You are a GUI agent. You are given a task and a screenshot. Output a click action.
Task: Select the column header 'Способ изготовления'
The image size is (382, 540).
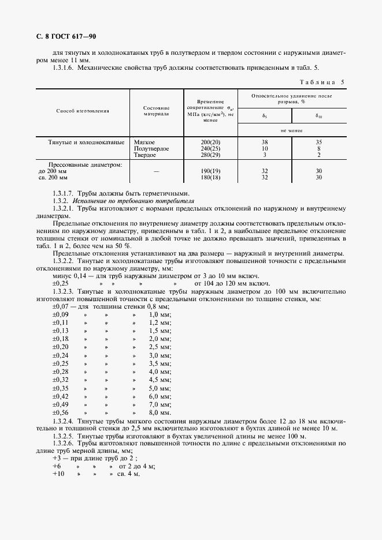[x=83, y=110]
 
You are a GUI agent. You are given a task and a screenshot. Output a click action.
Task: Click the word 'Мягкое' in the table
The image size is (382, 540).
[x=144, y=141]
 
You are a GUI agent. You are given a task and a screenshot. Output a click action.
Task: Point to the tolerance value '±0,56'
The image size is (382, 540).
[x=61, y=412]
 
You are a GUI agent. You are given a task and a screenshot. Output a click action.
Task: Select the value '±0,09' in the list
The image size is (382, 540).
[x=61, y=315]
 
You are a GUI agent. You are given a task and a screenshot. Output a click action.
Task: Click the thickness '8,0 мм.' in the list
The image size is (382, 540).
[x=160, y=412]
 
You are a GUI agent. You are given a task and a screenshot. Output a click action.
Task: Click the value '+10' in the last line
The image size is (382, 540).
[x=58, y=473]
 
